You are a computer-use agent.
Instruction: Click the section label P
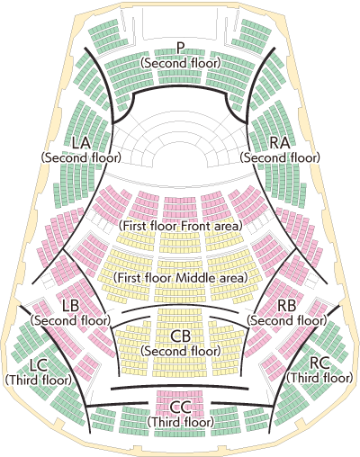pos(180,49)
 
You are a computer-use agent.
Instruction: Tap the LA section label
pos(81,143)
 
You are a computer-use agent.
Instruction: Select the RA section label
pos(280,143)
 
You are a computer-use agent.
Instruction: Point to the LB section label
pos(70,306)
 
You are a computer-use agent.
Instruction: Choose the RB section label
pos(287,306)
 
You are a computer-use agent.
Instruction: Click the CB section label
pos(181,336)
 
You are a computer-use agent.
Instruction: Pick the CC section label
pos(181,408)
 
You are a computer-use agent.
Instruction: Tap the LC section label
pos(39,365)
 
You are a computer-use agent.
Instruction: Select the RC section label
pos(319,363)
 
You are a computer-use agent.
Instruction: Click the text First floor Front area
pos(180,226)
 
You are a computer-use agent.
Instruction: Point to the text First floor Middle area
pos(180,278)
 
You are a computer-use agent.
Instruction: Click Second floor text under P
pos(181,63)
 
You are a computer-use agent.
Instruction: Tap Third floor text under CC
pos(181,422)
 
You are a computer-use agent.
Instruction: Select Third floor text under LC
pos(39,381)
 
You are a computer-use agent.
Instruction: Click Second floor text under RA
pos(280,157)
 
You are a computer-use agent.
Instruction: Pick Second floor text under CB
pos(181,351)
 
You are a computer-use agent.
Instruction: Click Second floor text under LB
pos(70,320)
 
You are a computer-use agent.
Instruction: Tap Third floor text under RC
pos(319,378)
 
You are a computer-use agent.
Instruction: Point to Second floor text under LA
pos(81,157)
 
